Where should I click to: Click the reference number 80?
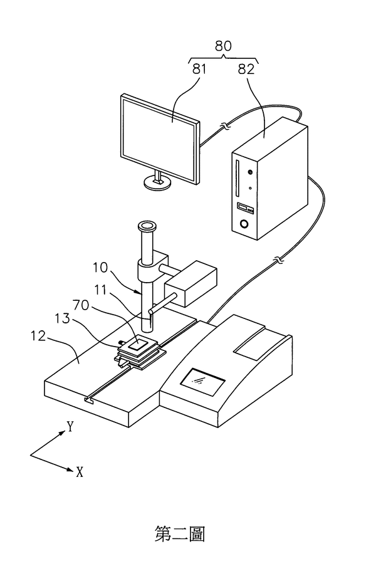pyautogui.click(x=223, y=46)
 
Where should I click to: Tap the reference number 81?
pyautogui.click(x=199, y=69)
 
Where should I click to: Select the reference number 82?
pyautogui.click(x=246, y=69)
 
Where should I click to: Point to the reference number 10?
pyautogui.click(x=100, y=268)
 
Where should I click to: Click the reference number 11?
pyautogui.click(x=100, y=290)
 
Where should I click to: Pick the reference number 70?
pyautogui.click(x=81, y=305)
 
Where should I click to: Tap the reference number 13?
pyautogui.click(x=63, y=318)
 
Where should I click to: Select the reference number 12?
pyautogui.click(x=38, y=336)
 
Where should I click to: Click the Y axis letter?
pyautogui.click(x=70, y=426)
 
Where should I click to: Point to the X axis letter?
pyautogui.click(x=80, y=472)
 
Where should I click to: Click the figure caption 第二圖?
pyautogui.click(x=180, y=534)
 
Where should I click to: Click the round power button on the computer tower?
pyautogui.click(x=243, y=224)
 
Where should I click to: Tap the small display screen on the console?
pyautogui.click(x=202, y=382)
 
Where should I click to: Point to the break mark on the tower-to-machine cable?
pyautogui.click(x=279, y=261)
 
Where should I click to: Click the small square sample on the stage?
pyautogui.click(x=138, y=345)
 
